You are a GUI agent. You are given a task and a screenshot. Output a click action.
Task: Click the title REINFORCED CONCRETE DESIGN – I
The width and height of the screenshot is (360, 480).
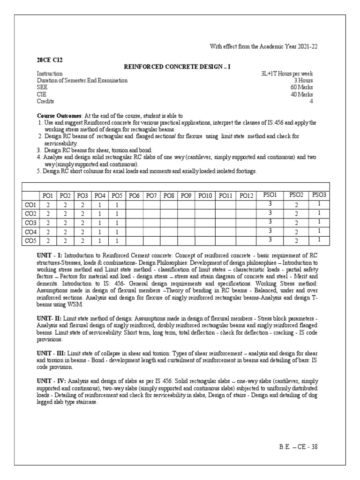[x=177, y=67]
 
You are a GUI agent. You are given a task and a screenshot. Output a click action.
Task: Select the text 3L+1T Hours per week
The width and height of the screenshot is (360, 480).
[x=287, y=74]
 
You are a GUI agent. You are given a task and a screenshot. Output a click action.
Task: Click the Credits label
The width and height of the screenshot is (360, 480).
[x=45, y=101]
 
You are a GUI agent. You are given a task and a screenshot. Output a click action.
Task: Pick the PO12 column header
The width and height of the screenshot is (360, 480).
[x=246, y=195]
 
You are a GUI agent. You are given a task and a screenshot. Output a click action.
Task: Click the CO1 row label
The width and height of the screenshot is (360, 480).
[x=30, y=205]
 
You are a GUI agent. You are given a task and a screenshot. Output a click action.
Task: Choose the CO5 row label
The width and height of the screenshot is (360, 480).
[x=30, y=241]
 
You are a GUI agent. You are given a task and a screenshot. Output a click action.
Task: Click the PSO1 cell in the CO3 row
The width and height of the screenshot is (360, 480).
[x=270, y=222]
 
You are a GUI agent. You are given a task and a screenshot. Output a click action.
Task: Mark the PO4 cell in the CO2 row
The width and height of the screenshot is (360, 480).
[x=99, y=214]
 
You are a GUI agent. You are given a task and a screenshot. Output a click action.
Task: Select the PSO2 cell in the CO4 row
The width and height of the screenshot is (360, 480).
[x=296, y=232]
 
